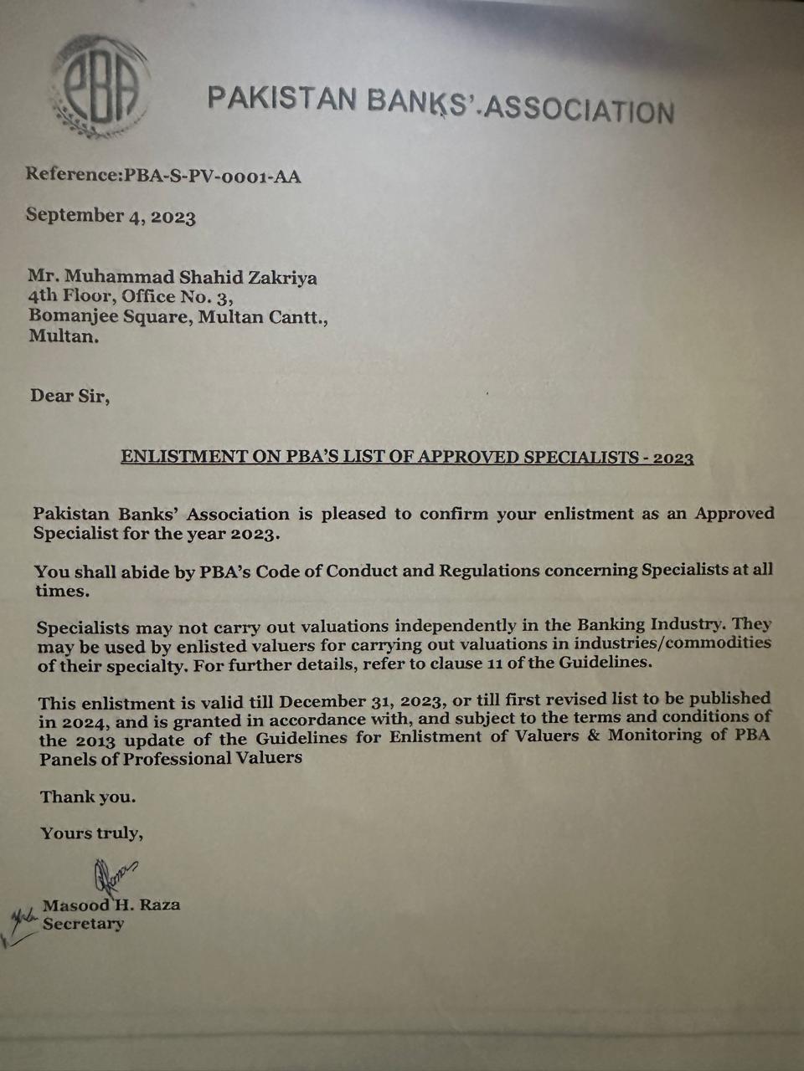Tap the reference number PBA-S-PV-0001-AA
(213, 176)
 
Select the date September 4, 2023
(111, 216)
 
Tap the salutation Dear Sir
(70, 395)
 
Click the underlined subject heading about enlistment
(407, 457)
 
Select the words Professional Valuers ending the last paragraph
(218, 758)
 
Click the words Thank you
(87, 797)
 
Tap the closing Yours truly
(91, 833)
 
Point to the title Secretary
(83, 924)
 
